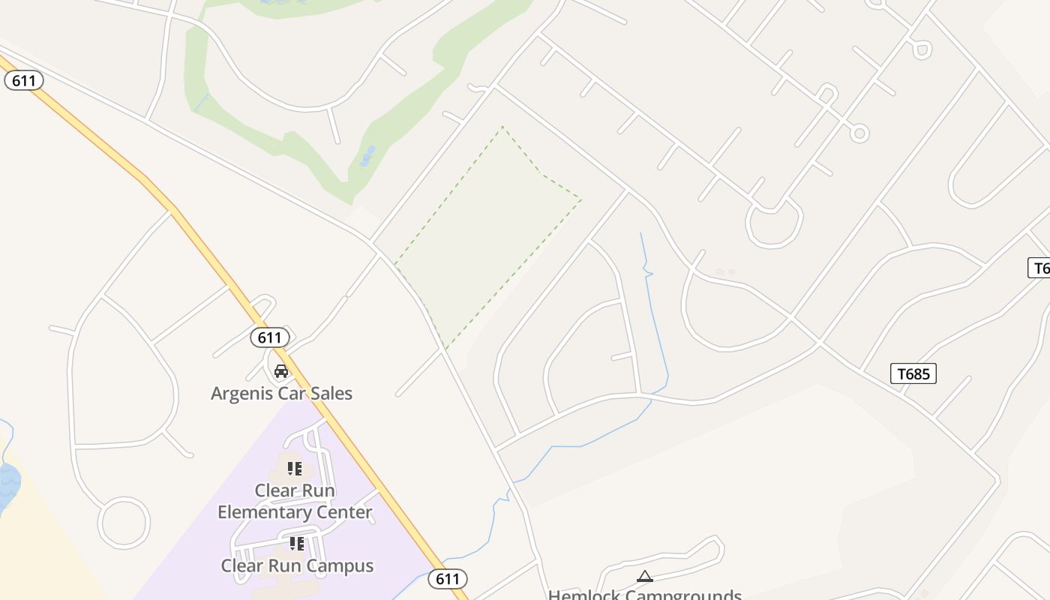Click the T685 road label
[x=913, y=373]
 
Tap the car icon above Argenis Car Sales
[x=281, y=370]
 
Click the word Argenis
[x=239, y=393]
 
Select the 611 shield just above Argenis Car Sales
[x=269, y=337]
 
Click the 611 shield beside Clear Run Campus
[x=448, y=578]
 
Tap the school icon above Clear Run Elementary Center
[x=295, y=469]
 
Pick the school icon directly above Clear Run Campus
[x=296, y=542]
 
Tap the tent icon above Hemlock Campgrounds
[x=644, y=577]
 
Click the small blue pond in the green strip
[x=367, y=157]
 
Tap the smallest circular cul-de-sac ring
[x=859, y=133]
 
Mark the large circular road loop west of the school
[x=124, y=523]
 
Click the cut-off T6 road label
[x=1039, y=268]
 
